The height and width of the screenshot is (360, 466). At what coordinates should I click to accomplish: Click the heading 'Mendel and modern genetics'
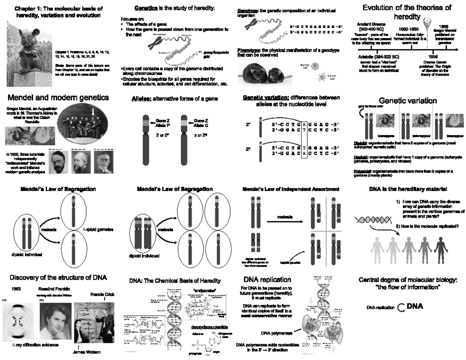pos(57,97)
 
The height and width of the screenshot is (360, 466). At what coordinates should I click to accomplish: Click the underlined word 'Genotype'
pos(246,10)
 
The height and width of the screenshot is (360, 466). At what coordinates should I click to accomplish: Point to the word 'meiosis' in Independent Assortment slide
pos(285,217)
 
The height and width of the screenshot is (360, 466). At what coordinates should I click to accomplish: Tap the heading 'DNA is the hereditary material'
pos(407,189)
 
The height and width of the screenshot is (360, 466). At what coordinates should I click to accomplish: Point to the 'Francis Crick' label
pos(103,294)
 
